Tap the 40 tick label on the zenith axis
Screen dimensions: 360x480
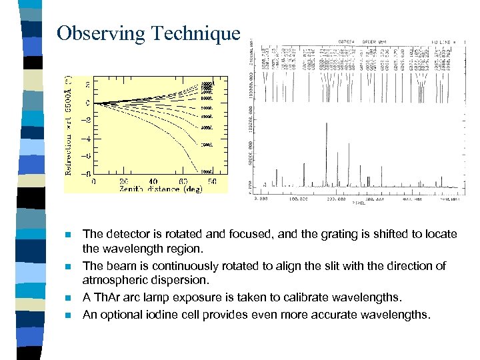154,181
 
